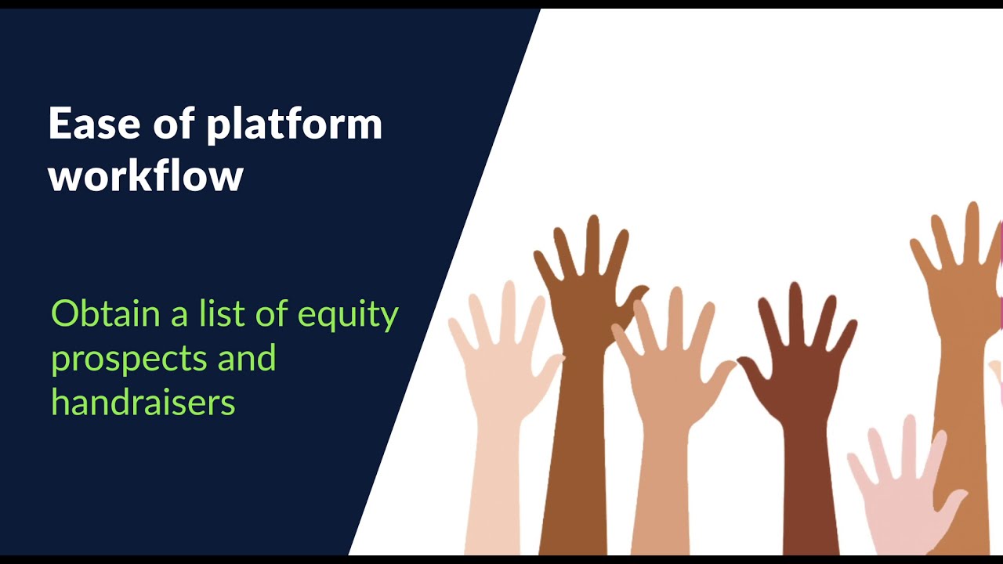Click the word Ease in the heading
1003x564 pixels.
[x=95, y=124]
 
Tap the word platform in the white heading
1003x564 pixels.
[x=294, y=125]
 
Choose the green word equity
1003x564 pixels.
[x=348, y=316]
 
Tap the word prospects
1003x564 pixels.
[x=129, y=360]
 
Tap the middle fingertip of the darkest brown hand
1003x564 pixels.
[x=795, y=287]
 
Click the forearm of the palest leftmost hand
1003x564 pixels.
[x=494, y=493]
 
